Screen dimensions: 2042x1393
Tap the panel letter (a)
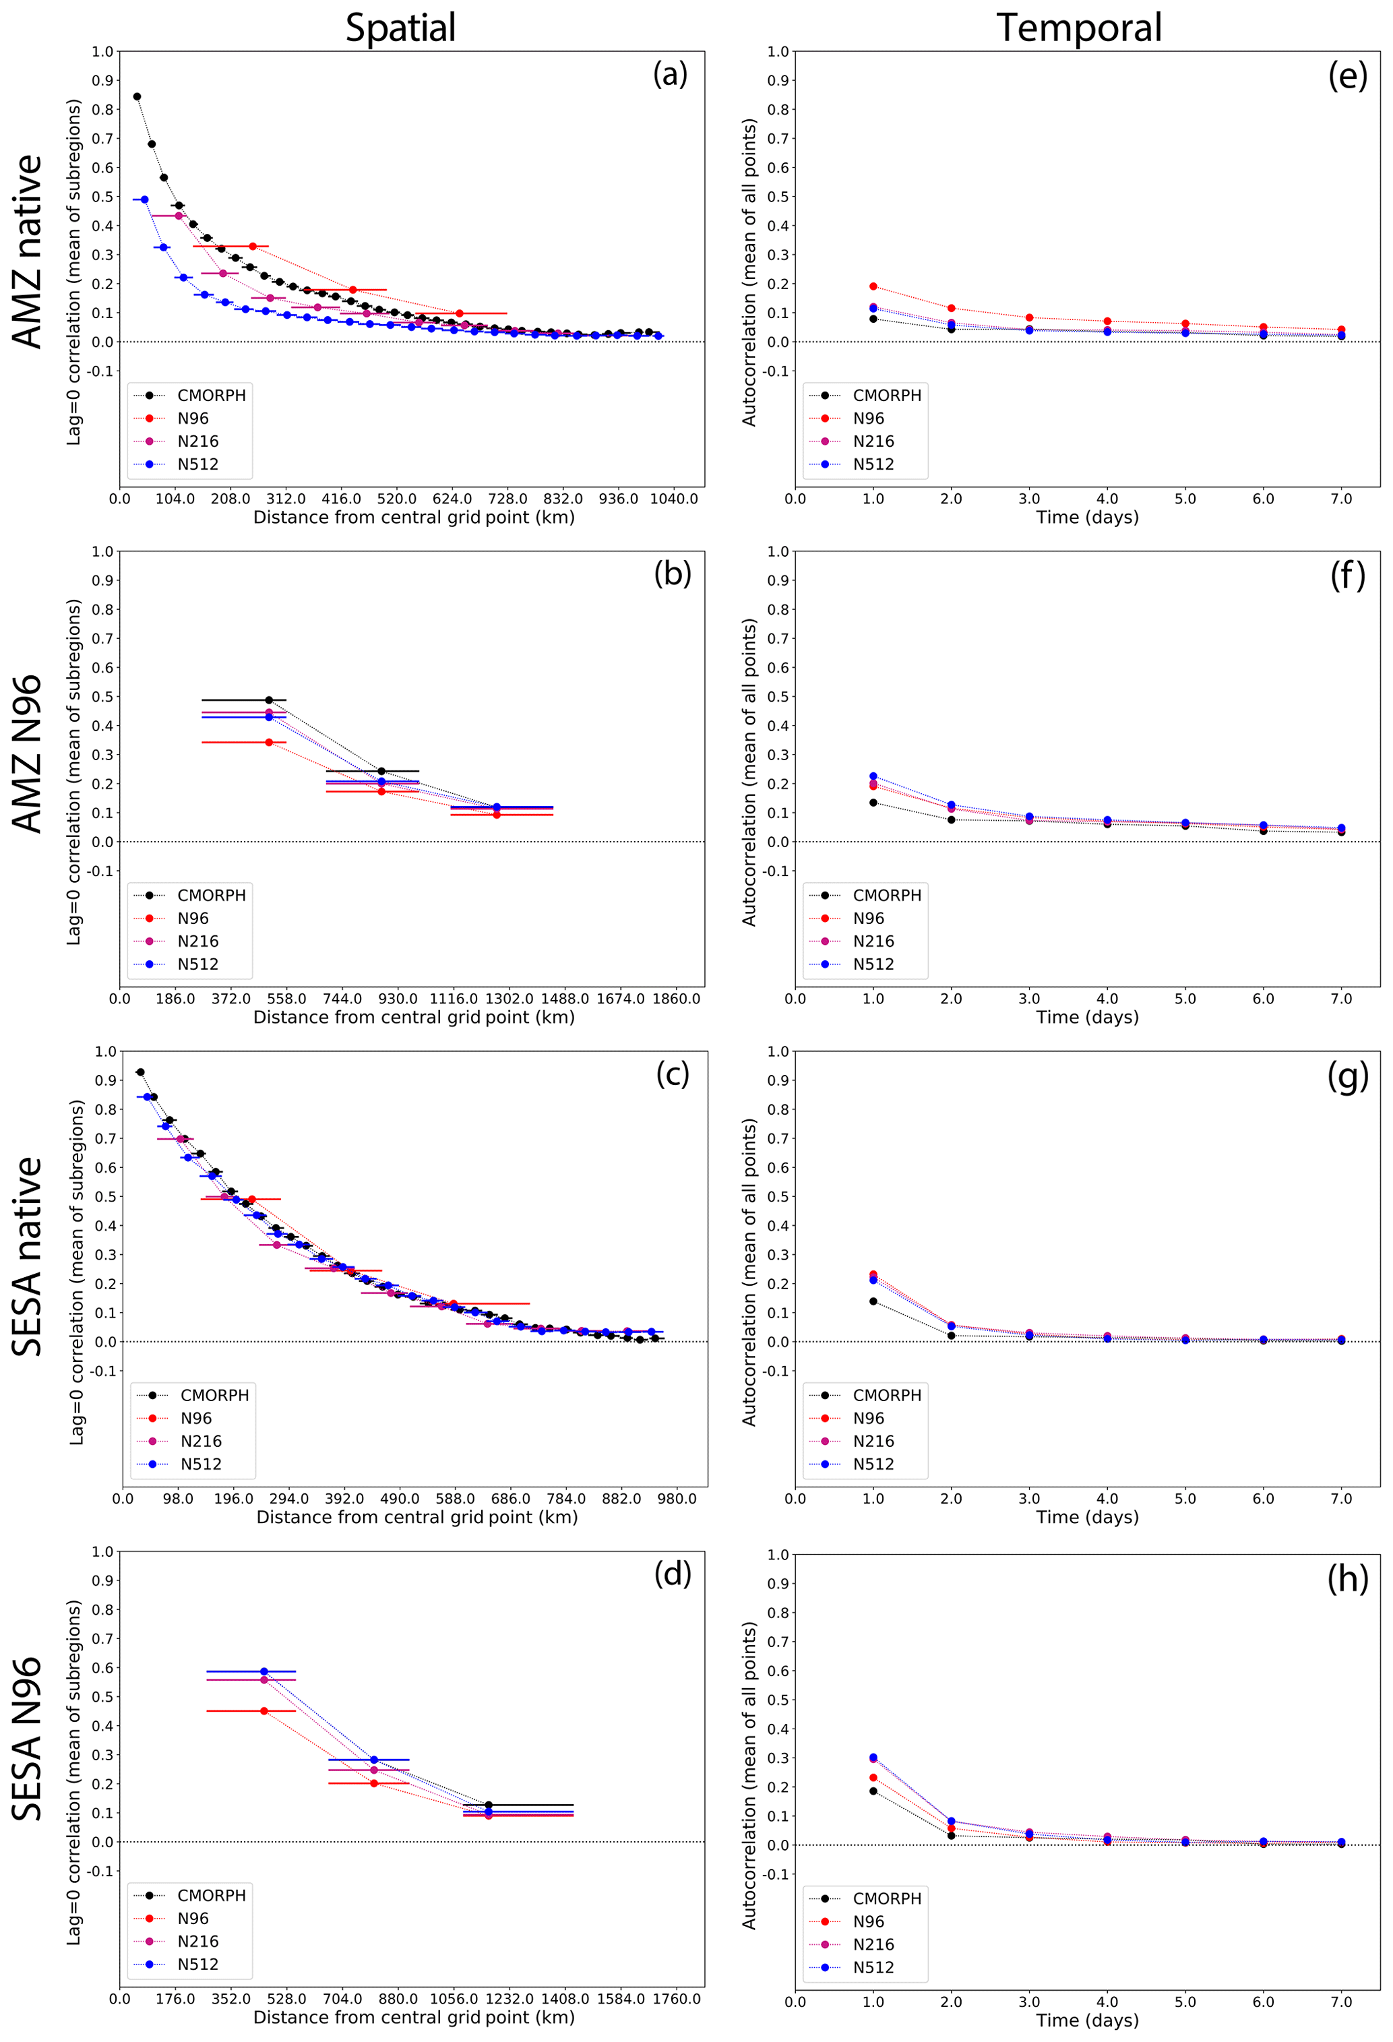click(670, 74)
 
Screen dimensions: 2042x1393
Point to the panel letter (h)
click(1347, 1579)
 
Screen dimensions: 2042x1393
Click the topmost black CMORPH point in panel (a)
click(137, 96)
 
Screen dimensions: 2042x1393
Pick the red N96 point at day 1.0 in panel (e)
click(873, 286)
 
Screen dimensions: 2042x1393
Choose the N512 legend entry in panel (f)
click(873, 964)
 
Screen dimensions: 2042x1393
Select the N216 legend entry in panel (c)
click(202, 1441)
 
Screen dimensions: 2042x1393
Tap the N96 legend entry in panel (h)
click(868, 1921)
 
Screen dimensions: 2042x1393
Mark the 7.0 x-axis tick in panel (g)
click(1341, 1499)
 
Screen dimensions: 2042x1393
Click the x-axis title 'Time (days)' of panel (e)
click(1087, 518)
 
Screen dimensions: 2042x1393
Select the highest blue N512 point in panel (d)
click(264, 1671)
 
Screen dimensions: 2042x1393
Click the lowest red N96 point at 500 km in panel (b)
click(269, 743)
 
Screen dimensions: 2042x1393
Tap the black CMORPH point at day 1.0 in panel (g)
click(873, 1301)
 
